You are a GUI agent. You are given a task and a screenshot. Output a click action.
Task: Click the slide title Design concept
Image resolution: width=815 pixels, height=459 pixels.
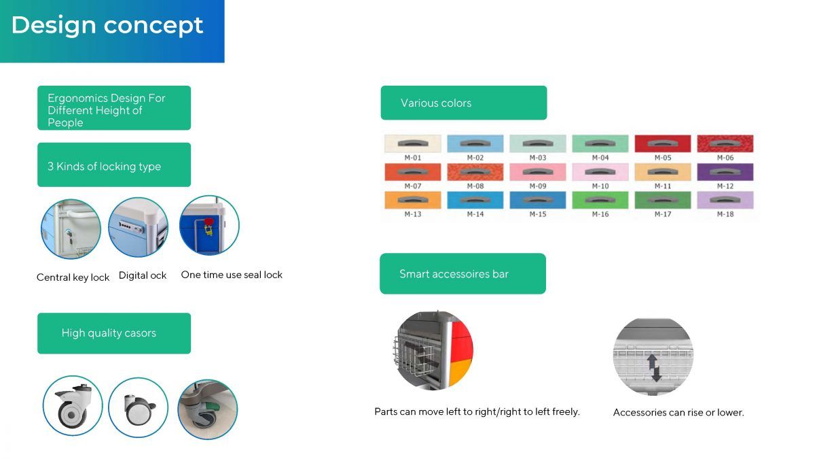pos(107,26)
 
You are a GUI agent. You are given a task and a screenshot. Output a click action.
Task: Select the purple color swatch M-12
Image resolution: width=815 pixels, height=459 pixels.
pos(725,172)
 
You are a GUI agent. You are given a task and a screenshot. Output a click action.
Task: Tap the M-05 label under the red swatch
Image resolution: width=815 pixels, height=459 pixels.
pos(663,158)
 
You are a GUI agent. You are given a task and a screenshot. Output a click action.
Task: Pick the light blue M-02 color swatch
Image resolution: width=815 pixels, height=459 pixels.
pos(475,143)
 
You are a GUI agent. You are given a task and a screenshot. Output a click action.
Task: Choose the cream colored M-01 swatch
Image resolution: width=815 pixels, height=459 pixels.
pos(413,143)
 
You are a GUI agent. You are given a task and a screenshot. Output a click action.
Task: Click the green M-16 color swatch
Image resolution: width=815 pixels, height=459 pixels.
pos(600,200)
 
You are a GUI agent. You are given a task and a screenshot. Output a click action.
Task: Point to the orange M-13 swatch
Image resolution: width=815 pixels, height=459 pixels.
pos(413,200)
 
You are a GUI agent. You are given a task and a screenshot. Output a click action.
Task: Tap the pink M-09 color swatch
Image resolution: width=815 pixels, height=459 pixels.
pos(538,172)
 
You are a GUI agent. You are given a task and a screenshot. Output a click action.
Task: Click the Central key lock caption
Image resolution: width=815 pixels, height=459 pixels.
pos(73,277)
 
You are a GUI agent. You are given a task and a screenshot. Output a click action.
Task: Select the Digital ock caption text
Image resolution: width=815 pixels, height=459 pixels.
pos(143,275)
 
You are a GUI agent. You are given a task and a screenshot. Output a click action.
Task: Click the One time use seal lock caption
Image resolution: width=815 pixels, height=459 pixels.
pos(232,275)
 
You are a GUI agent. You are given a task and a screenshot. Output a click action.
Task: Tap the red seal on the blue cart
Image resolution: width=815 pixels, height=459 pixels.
pos(209,222)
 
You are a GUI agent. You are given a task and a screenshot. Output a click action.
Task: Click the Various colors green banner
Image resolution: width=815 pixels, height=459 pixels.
pos(463,103)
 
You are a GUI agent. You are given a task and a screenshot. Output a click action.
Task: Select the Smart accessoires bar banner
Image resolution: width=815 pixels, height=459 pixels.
pos(463,273)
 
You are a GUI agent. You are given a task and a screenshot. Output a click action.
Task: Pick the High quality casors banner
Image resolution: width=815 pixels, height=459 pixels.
pos(114,333)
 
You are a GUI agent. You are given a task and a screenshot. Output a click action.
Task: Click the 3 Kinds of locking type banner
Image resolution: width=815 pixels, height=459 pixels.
pos(114,165)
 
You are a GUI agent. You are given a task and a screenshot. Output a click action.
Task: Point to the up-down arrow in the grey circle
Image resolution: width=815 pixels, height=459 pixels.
pos(654,369)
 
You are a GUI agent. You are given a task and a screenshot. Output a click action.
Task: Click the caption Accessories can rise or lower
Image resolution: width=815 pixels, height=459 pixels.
pos(678,412)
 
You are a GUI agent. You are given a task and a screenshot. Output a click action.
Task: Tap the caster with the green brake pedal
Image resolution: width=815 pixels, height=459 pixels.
pos(207,409)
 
